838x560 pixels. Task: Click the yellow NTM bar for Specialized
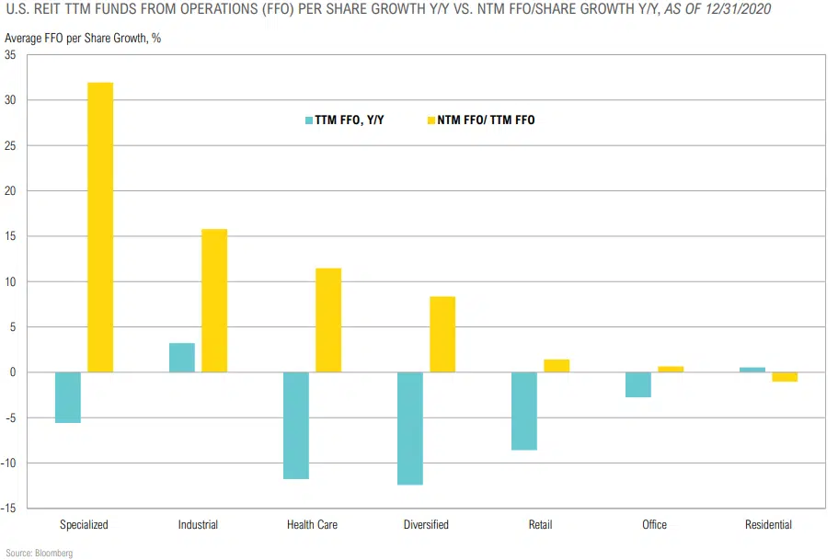100,227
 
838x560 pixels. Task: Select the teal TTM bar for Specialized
68,397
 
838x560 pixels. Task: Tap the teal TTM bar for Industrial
182,358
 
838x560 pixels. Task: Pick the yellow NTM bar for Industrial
214,301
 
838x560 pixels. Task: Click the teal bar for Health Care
296,426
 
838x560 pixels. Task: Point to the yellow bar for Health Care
328,320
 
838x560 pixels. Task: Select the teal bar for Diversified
410,429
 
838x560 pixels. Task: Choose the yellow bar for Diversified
442,335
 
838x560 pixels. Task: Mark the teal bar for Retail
524,411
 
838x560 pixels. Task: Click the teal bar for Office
638,384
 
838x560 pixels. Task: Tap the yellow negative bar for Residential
785,377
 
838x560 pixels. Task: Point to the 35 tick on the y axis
11,55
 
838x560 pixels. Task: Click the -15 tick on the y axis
9,509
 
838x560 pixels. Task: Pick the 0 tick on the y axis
13,372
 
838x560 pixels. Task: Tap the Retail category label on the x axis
541,525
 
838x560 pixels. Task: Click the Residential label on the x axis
768,525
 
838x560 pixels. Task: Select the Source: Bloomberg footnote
39,553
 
